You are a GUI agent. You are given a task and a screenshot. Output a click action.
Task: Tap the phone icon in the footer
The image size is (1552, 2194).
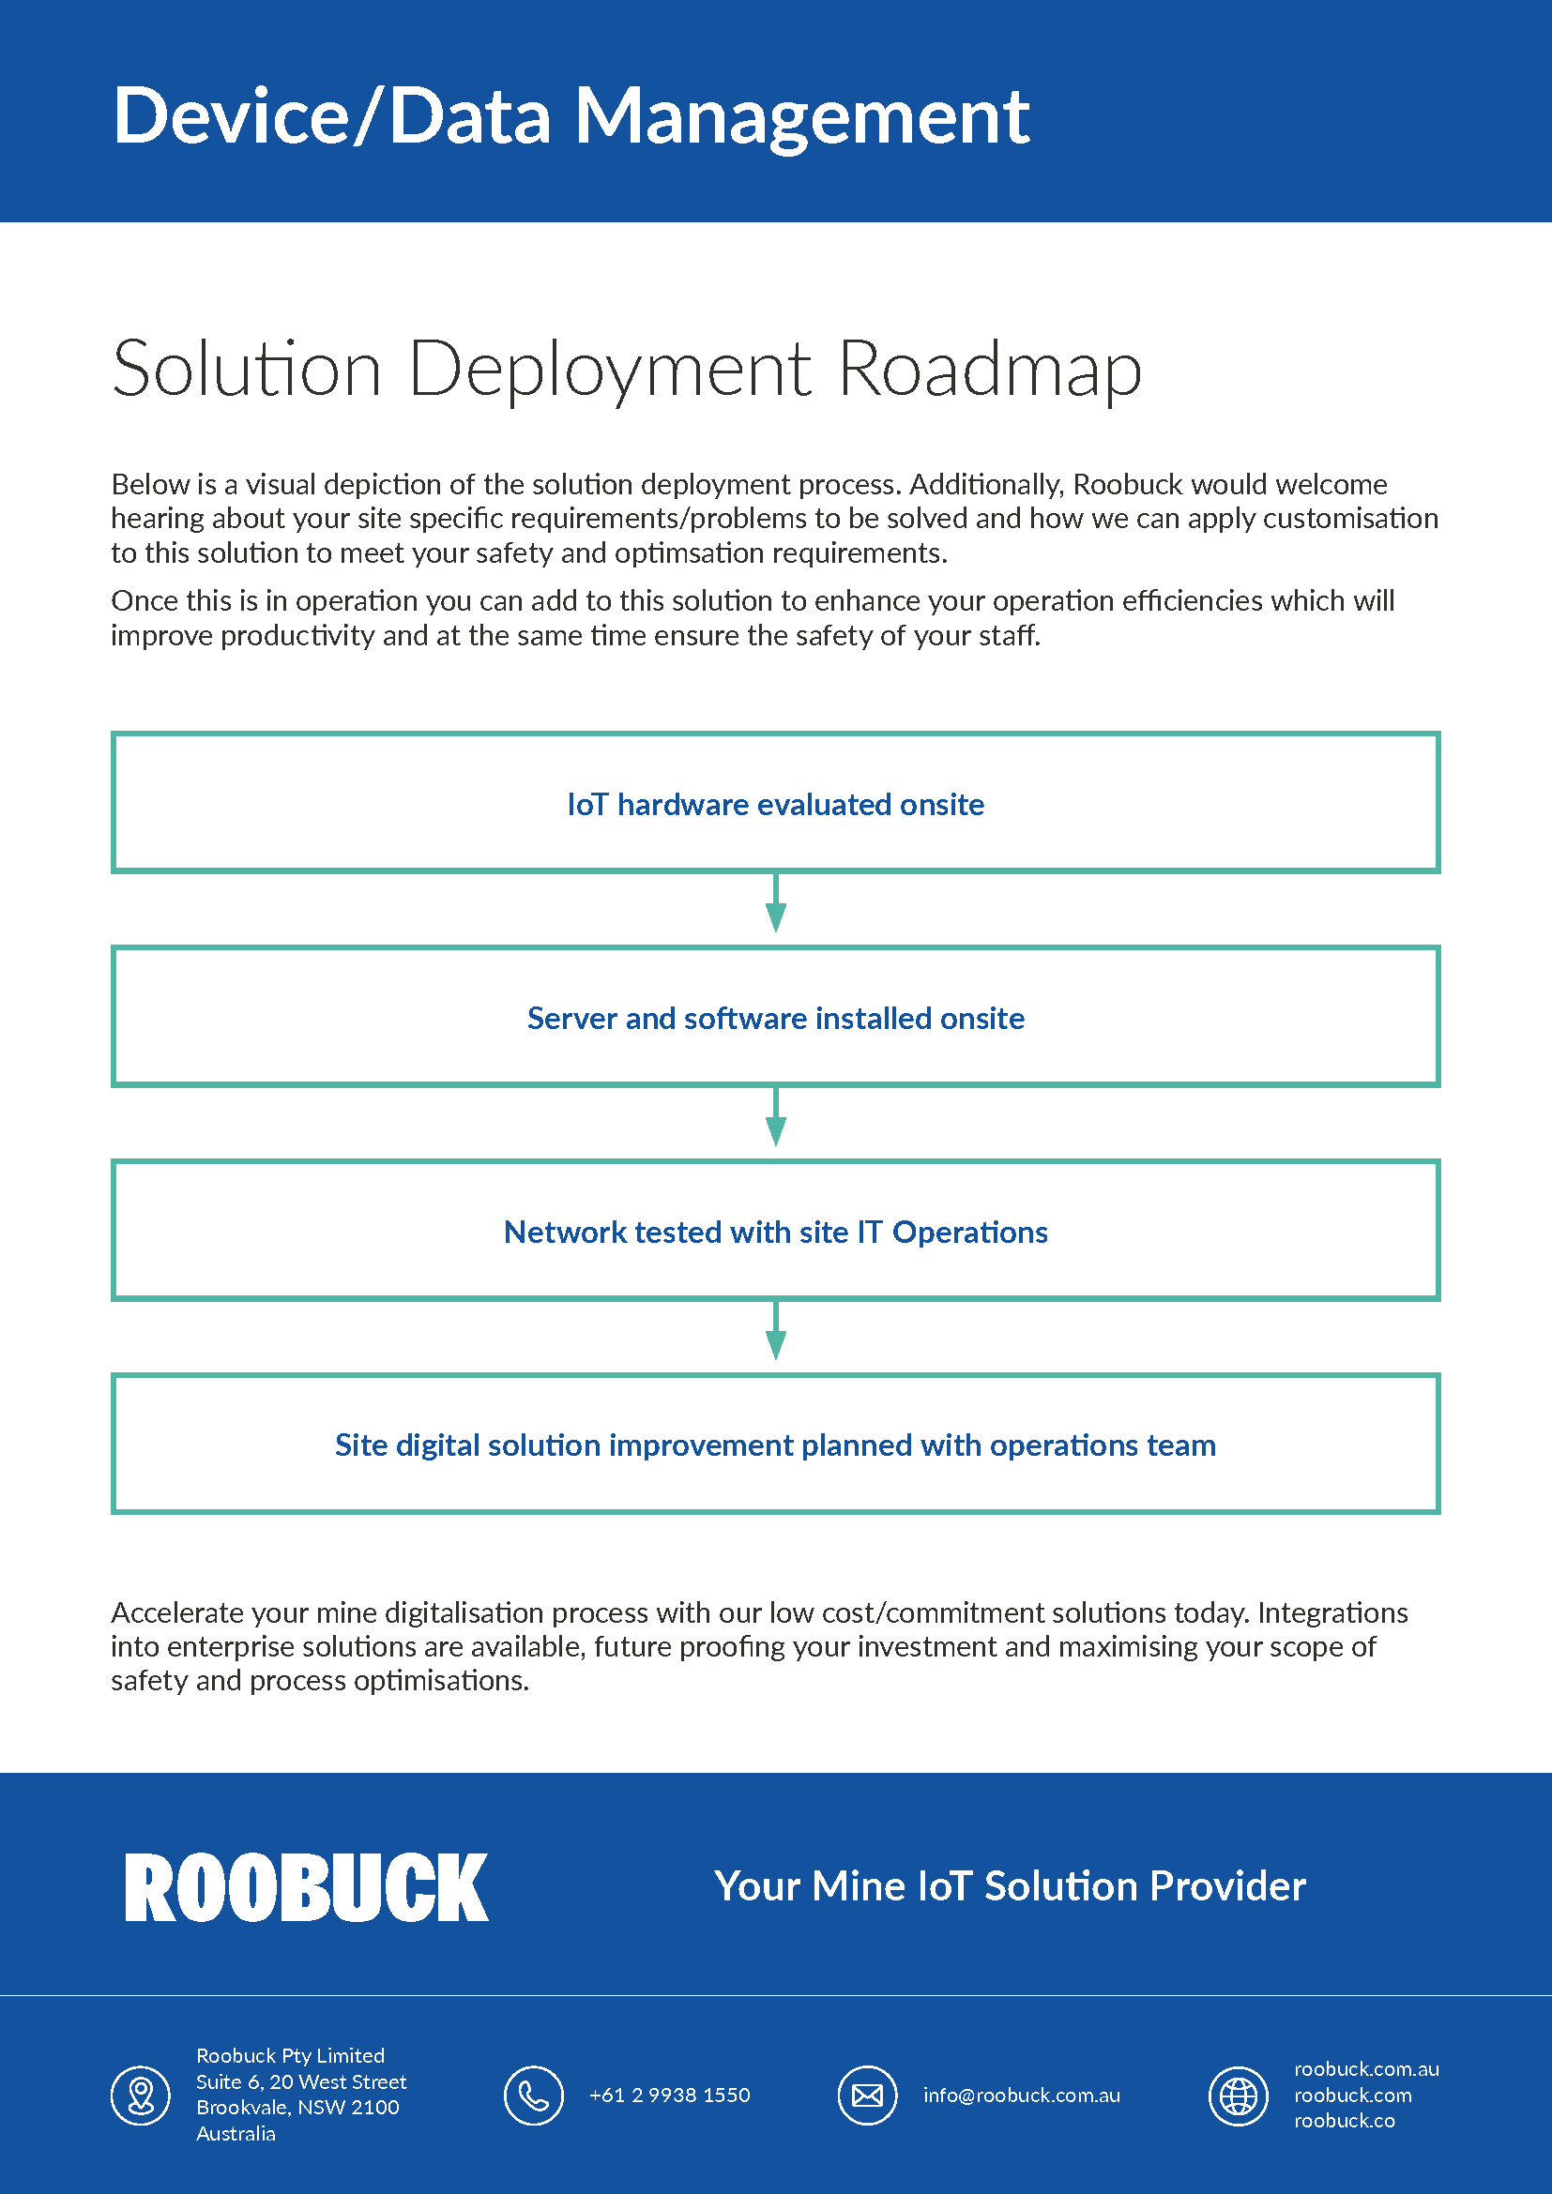click(x=533, y=2095)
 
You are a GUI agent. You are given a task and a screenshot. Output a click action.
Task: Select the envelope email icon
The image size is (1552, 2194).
click(x=867, y=2095)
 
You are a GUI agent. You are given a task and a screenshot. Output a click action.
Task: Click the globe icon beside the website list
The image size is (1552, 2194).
click(x=1238, y=2095)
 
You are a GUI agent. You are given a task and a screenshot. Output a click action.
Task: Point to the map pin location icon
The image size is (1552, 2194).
click(x=141, y=2095)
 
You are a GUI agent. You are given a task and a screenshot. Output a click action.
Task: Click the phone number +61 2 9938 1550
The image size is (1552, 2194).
click(x=669, y=2095)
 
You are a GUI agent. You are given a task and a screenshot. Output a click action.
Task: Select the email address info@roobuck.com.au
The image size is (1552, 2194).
click(x=1021, y=2095)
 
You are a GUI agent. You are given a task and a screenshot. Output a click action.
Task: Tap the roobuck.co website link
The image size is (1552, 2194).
click(x=1344, y=2121)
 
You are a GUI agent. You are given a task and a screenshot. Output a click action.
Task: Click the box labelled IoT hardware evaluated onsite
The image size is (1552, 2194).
click(x=775, y=804)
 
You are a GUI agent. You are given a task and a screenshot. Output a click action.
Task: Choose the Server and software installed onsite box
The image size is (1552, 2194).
click(x=775, y=1018)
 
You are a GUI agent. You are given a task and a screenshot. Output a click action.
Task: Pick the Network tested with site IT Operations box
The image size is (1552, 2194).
click(x=775, y=1232)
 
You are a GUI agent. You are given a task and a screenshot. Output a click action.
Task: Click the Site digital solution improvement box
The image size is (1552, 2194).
click(x=775, y=1445)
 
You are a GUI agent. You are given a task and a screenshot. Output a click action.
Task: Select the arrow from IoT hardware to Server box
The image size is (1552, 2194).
click(x=776, y=903)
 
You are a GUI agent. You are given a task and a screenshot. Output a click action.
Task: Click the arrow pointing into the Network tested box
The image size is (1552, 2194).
click(x=776, y=1117)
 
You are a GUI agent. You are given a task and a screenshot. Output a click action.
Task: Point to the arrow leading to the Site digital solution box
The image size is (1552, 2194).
click(x=776, y=1331)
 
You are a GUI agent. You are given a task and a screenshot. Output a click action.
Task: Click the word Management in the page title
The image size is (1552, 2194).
click(x=800, y=117)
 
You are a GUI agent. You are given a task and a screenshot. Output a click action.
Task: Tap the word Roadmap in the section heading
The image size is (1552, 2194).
click(x=989, y=370)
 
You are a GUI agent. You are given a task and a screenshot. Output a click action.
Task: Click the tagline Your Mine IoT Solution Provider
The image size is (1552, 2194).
click(x=1010, y=1886)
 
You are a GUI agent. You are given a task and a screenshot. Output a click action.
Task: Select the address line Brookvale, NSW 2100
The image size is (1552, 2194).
click(x=297, y=2107)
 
